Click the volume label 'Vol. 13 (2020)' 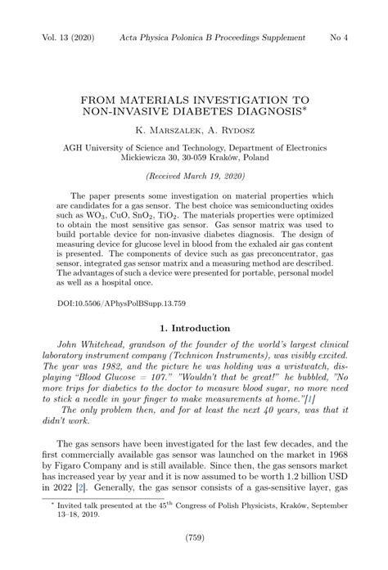62,38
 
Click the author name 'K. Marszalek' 165,129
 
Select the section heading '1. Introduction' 194,328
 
